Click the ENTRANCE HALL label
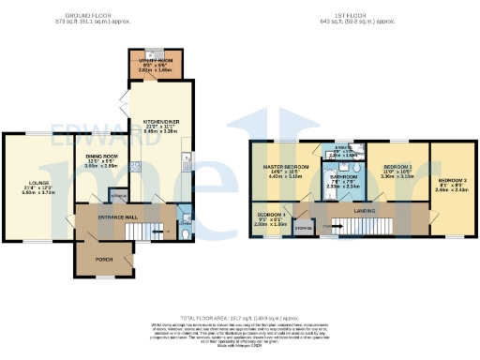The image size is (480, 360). click(121, 217)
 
